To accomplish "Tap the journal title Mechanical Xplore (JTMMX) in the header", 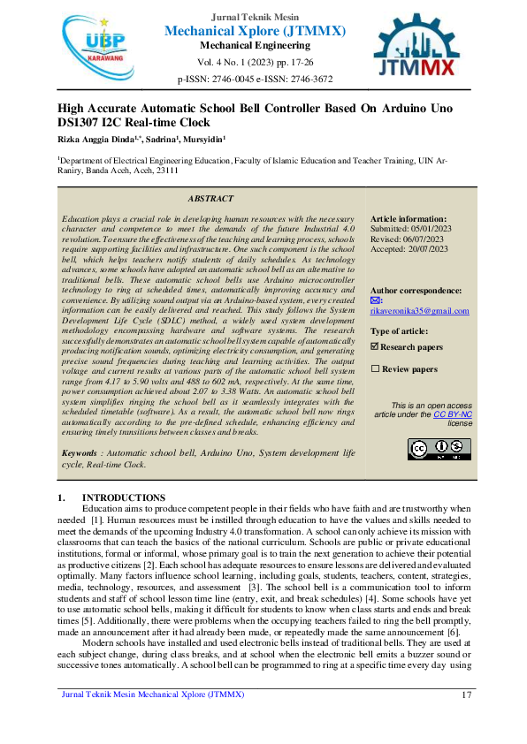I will click(255, 32).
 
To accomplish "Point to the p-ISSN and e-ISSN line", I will click(255, 79).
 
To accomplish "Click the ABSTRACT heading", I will click(210, 199).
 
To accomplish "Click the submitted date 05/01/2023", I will click(431, 227).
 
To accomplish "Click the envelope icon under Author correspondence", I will click(375, 300).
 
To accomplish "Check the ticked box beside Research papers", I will click(375, 347).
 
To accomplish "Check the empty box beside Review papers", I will click(375, 368).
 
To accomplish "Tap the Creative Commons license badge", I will click(427, 449).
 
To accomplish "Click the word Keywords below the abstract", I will click(80, 453).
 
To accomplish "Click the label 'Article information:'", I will click(409, 217).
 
